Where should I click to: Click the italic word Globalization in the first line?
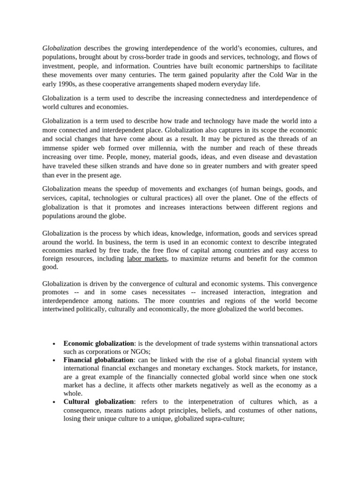[61, 48]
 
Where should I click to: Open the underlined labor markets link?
[147, 258]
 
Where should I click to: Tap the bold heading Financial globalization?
[98, 360]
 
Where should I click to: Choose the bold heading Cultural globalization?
[98, 402]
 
